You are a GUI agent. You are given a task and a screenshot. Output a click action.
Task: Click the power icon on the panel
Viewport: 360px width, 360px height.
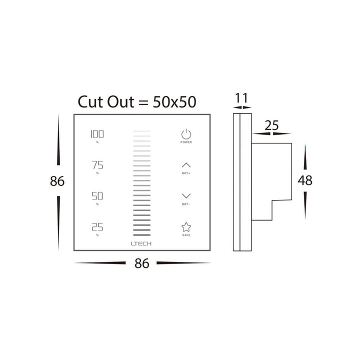[186, 134]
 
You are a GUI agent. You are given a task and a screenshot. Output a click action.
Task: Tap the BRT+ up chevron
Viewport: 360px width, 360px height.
[186, 165]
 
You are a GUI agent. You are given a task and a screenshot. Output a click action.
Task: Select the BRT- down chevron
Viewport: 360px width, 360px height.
[186, 196]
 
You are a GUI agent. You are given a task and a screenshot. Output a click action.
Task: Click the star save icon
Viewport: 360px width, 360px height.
[186, 227]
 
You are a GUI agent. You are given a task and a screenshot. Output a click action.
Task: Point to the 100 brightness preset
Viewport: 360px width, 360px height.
[97, 134]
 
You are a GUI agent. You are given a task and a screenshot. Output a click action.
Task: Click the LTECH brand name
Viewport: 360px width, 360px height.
[142, 243]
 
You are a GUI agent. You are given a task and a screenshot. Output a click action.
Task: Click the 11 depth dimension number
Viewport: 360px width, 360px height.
[241, 98]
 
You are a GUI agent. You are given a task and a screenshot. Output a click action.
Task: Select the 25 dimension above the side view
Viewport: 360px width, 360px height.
[271, 125]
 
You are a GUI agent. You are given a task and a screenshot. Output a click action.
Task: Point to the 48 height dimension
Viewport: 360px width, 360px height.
[304, 180]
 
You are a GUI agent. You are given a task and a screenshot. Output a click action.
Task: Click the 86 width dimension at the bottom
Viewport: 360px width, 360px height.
[142, 263]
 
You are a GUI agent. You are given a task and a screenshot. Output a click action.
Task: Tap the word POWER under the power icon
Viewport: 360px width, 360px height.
[186, 142]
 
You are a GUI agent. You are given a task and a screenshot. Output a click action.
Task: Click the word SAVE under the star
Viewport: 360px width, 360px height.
[186, 235]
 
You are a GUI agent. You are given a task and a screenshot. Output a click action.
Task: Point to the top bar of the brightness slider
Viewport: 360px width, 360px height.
[142, 131]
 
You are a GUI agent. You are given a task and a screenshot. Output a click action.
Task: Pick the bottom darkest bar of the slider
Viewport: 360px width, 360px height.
[142, 235]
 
